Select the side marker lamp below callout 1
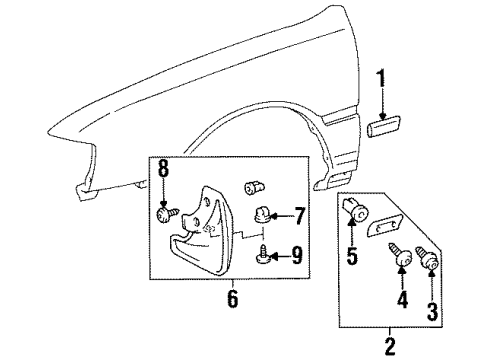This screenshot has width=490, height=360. pos(387,128)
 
